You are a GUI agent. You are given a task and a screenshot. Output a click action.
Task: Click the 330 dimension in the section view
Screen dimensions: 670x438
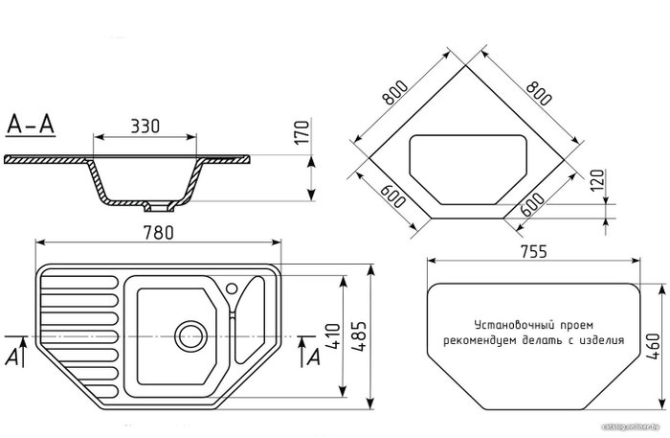point(145,127)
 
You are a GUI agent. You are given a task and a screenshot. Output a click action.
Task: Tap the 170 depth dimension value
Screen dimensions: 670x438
point(302,132)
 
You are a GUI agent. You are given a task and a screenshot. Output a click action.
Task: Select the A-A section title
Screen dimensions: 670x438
point(31,124)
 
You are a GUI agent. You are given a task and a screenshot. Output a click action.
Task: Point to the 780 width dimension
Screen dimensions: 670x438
point(159,233)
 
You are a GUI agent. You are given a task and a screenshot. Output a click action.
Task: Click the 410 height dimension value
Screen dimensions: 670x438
point(334,336)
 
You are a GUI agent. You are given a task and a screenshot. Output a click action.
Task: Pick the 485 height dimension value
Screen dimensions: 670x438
point(359,336)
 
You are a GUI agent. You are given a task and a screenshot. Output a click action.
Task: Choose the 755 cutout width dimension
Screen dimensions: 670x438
point(534,251)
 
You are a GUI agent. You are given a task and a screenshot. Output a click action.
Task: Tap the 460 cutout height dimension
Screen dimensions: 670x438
point(654,346)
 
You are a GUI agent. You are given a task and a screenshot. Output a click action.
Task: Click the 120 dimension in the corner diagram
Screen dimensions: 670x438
point(598,180)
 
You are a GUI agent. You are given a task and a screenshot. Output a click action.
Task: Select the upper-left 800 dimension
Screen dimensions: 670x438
point(395,93)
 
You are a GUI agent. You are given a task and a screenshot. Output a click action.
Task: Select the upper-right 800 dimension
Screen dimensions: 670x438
point(538,93)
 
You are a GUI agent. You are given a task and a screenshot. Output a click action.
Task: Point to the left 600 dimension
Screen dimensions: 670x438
point(392,196)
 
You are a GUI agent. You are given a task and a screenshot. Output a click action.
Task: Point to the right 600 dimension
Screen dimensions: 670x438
point(533,205)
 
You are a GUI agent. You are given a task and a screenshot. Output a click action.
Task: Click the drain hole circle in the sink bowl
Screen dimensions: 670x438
point(190,335)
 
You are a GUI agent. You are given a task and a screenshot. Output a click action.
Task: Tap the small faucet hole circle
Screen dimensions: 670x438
point(232,288)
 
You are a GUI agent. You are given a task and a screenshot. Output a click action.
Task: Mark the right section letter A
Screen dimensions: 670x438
point(314,357)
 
